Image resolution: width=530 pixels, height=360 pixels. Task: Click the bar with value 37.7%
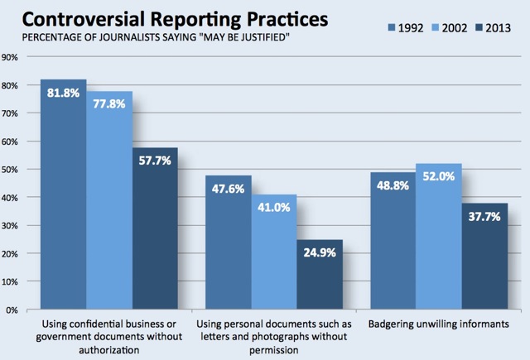tap(484, 257)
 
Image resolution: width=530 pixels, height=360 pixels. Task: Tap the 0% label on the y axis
tap(12, 310)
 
